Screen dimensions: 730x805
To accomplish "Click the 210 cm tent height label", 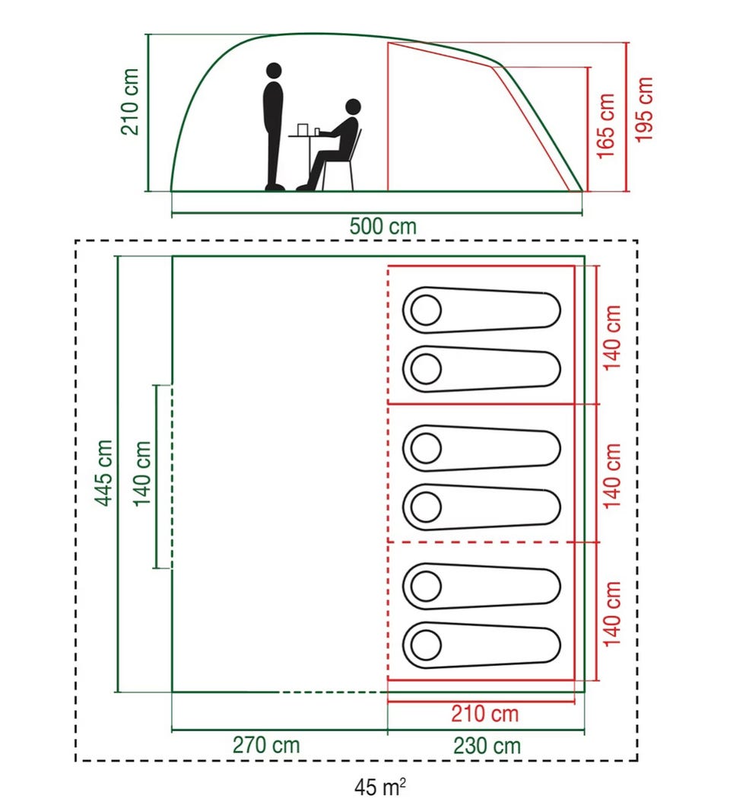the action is (x=130, y=102).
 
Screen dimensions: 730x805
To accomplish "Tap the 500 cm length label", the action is (x=382, y=227).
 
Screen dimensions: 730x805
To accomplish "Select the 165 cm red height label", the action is (x=605, y=126).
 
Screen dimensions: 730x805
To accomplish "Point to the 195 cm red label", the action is (x=644, y=110).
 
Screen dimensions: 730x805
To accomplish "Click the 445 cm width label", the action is (x=103, y=473).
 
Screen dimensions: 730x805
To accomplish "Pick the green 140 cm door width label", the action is (x=142, y=473).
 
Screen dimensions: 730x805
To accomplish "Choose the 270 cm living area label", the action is (x=266, y=745).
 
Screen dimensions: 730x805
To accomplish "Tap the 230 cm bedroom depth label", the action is (x=487, y=746).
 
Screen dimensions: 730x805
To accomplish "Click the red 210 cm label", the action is (x=485, y=714).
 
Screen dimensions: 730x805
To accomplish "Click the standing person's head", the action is (x=275, y=71).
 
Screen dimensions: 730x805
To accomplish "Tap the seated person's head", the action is (x=353, y=107).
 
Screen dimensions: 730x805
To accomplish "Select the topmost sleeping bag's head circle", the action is (x=426, y=310).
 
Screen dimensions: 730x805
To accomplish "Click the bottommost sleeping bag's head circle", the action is (x=426, y=644).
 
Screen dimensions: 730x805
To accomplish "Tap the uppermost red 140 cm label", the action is (x=611, y=337).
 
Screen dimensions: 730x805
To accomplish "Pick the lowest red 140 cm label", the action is (x=611, y=614).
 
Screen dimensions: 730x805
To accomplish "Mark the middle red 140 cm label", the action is (x=611, y=476).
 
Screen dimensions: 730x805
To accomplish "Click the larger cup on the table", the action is (x=302, y=129).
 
